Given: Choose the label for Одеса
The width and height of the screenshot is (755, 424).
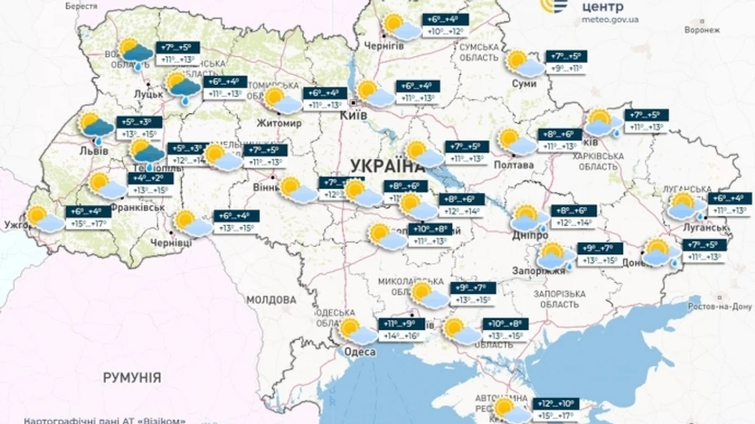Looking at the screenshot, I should point(360,352).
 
